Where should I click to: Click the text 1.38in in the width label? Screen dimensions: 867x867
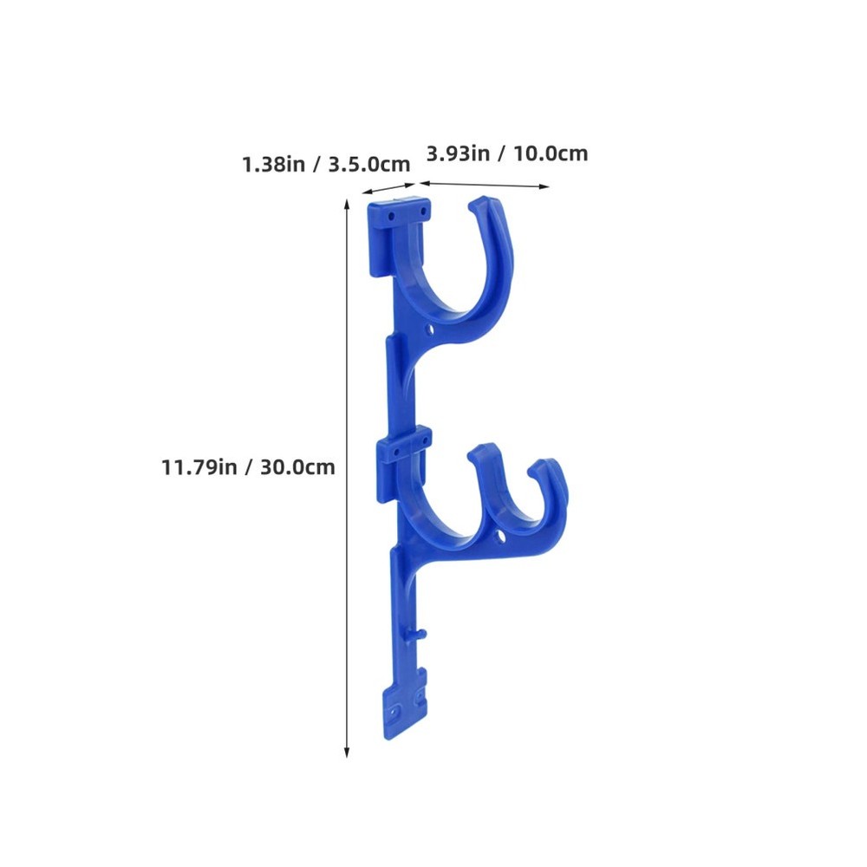(x=273, y=164)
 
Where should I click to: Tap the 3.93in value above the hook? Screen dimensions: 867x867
(x=458, y=153)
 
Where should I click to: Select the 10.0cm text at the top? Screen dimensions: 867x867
(x=550, y=153)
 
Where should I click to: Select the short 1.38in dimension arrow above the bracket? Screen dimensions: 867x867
(x=388, y=187)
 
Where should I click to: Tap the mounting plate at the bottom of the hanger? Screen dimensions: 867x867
(x=405, y=707)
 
